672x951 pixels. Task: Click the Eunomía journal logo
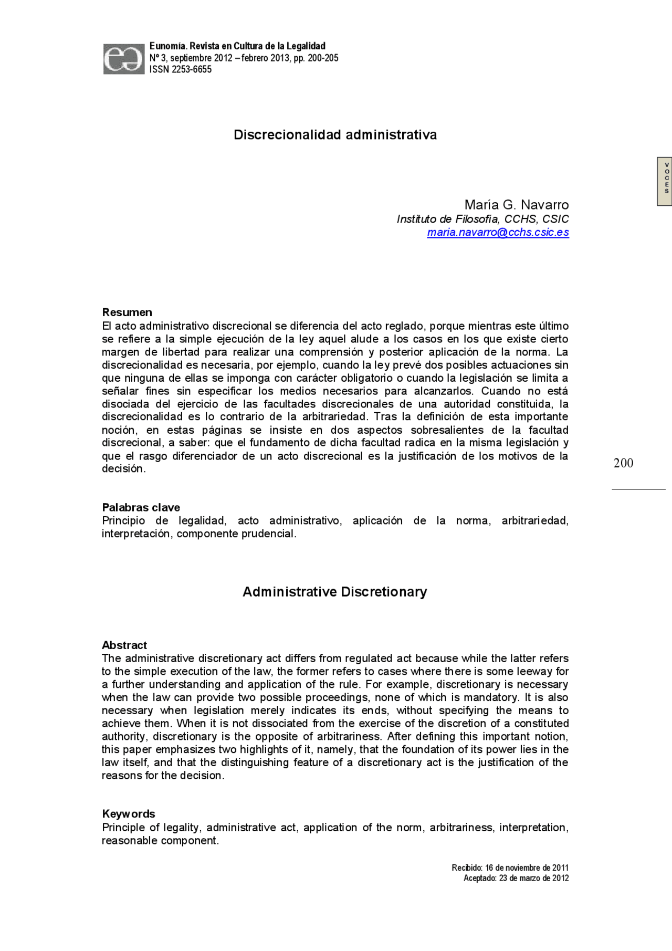pos(123,59)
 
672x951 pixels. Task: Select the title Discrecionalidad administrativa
pos(335,135)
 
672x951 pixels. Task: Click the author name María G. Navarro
pos(516,205)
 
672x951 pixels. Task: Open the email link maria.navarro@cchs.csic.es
pos(498,232)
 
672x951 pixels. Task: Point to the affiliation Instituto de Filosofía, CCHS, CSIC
pos(482,219)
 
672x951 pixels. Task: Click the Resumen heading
pos(127,312)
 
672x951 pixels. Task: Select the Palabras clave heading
pos(141,507)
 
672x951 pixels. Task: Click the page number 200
pos(623,463)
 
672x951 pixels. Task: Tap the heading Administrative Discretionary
pos(334,592)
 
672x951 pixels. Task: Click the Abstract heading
pos(124,645)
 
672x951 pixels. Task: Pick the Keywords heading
pos(129,814)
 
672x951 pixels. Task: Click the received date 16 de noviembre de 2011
pos(527,868)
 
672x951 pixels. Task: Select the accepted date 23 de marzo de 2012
pos(533,879)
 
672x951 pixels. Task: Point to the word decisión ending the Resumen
pos(123,469)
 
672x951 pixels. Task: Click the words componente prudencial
pos(236,534)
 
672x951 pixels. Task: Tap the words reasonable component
pos(160,841)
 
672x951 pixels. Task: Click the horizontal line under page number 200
pos(638,489)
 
